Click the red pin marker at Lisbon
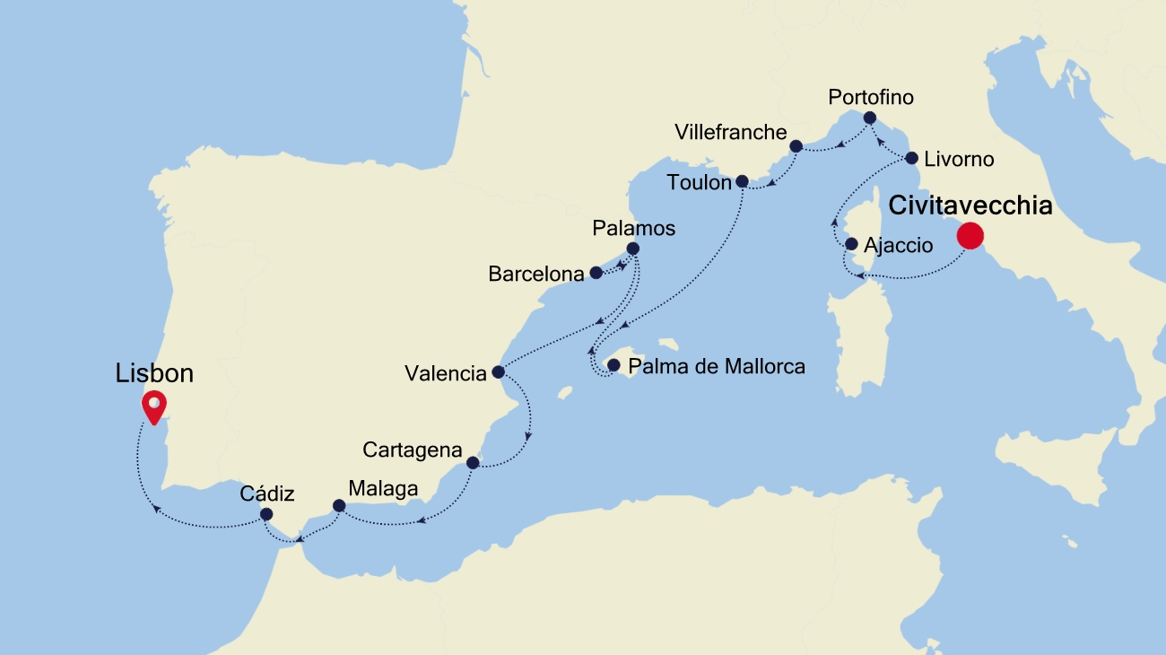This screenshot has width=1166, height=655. (155, 407)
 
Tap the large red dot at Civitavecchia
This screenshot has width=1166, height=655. (970, 236)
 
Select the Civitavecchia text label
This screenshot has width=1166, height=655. (970, 205)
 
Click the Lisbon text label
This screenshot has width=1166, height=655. (154, 373)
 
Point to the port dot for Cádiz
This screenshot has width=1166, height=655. (266, 514)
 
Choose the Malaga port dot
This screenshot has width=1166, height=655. (338, 506)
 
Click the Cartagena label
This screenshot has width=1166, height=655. (413, 450)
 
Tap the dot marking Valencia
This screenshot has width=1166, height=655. (499, 371)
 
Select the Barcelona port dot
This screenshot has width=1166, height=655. (596, 272)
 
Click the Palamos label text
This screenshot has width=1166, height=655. (633, 228)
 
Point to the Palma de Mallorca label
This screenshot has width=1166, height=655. (717, 366)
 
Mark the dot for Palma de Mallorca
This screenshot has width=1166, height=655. (613, 365)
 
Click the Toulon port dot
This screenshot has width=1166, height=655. (742, 181)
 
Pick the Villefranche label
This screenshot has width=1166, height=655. (730, 133)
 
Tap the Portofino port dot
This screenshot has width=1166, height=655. (869, 118)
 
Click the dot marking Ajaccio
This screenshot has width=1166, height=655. (851, 244)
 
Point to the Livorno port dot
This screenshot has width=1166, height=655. (911, 159)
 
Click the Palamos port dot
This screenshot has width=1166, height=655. (632, 249)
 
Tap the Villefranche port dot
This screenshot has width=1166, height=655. (796, 145)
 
